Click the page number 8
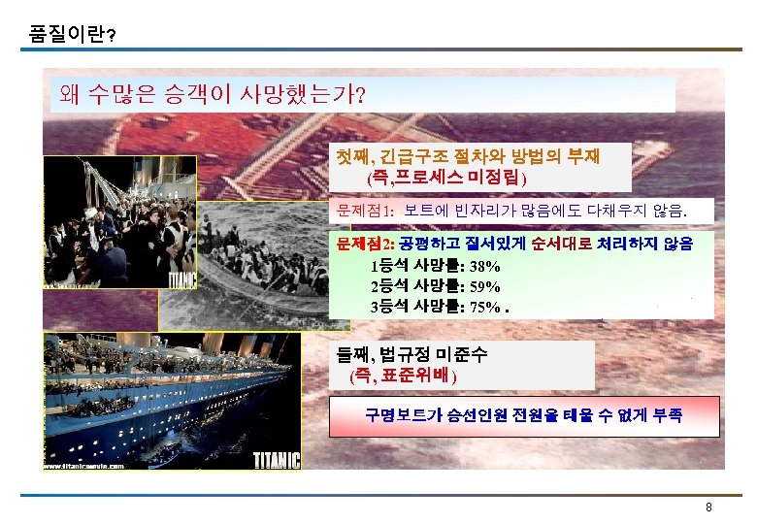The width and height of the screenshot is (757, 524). point(709,508)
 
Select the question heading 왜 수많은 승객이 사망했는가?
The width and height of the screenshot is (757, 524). point(212,94)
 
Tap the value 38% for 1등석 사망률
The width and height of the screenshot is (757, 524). point(486,266)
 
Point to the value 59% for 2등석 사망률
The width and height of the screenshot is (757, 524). point(486,286)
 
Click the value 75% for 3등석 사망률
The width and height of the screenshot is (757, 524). point(486,308)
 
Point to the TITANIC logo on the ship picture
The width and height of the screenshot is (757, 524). point(277,461)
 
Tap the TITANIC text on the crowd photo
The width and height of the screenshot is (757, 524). point(183,279)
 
